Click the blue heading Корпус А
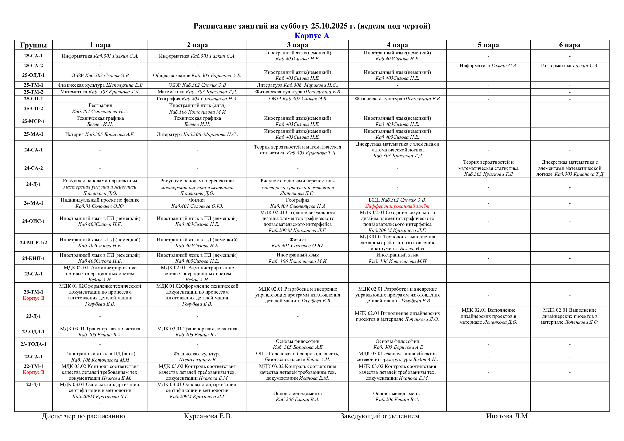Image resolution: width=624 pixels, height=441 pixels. click(312, 35)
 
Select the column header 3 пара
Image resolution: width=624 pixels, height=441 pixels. click(298, 45)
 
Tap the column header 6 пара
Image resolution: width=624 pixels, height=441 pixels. click(569, 45)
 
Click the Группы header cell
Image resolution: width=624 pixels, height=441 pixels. click(33, 45)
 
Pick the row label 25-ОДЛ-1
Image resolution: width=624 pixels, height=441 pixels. click(33, 75)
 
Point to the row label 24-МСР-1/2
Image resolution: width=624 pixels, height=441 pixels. click(33, 242)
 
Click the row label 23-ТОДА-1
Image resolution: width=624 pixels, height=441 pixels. click(33, 344)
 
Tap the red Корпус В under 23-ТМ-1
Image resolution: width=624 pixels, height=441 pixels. click(33, 298)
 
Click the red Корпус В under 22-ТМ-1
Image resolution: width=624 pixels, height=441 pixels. click(33, 372)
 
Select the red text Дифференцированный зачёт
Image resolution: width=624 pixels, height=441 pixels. click(397, 206)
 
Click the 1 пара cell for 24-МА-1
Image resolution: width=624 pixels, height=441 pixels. click(100, 203)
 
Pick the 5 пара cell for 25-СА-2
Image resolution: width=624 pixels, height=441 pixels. click(488, 65)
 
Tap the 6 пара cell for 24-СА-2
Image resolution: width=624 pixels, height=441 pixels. click(570, 168)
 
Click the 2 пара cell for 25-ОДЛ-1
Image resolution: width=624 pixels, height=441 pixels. click(197, 75)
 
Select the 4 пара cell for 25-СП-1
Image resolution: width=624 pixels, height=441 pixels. click(397, 99)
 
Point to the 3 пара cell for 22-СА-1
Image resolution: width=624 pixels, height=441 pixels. click(298, 356)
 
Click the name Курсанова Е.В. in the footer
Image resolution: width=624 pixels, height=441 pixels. click(208, 416)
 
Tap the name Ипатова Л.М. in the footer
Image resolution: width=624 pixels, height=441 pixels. click(508, 416)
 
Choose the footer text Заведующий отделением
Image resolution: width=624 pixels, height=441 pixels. click(380, 416)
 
